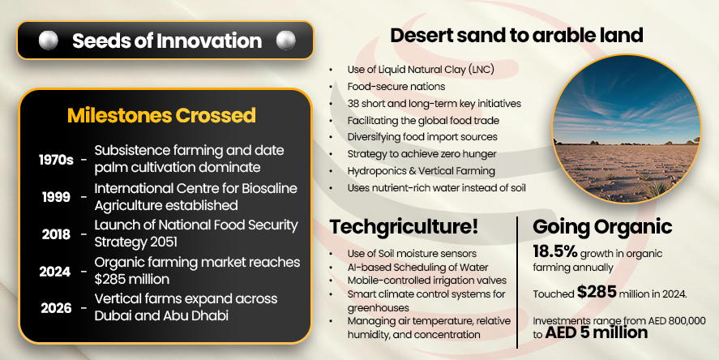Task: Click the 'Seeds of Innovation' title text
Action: pos(166,41)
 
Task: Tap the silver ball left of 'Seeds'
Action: pos(48,40)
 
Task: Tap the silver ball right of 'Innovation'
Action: pos(285,40)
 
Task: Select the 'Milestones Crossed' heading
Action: pos(161,115)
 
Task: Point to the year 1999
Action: pos(56,197)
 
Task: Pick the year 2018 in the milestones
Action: pos(56,234)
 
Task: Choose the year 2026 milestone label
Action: pos(56,308)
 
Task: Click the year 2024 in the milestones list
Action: pos(56,272)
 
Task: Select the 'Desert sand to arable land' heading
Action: pos(516,35)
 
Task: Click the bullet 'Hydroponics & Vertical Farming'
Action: pos(421,171)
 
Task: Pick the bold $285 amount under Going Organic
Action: pos(595,293)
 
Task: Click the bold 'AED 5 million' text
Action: pos(597,332)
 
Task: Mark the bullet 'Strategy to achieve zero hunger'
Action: pos(422,154)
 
